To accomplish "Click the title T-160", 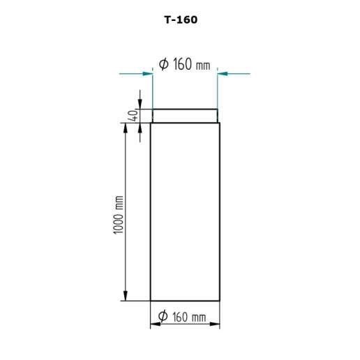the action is (x=181, y=20).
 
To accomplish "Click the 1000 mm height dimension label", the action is (x=118, y=215).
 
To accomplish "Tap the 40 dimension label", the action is (x=133, y=116).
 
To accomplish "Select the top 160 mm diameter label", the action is (x=185, y=64).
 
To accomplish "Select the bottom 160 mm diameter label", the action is (x=182, y=317).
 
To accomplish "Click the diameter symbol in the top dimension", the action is (x=164, y=64).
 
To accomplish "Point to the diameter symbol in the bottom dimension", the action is (x=163, y=316).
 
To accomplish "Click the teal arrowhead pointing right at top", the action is (x=148, y=74).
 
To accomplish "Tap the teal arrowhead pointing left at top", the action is (x=223, y=74).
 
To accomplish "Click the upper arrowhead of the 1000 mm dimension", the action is (x=126, y=128).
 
